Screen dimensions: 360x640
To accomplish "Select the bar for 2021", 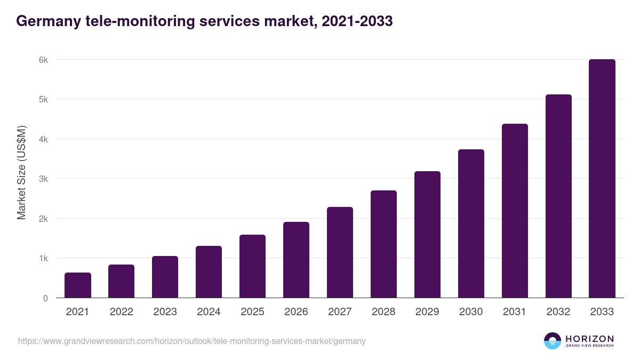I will coord(78,285).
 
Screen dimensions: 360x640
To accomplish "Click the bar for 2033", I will coord(602,179).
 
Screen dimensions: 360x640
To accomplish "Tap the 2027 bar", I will coord(340,252).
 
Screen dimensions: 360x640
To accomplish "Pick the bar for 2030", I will coord(471,223).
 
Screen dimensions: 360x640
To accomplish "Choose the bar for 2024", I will coord(209,272).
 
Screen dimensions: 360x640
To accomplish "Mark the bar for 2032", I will coord(558,196).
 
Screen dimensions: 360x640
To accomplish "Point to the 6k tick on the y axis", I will coord(43,60).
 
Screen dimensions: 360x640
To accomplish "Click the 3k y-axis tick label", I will coord(43,179).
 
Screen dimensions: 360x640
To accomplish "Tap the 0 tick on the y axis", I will coord(45,298).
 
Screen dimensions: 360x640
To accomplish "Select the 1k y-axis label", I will coord(43,259).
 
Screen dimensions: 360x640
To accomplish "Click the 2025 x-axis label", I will coord(252,312).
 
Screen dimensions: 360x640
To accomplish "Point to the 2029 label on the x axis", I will coord(427,312).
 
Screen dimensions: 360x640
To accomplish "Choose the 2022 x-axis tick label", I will coord(121,312).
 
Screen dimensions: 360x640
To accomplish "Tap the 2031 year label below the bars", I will coord(515,312).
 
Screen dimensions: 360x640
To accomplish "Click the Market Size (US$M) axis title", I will coord(21,172).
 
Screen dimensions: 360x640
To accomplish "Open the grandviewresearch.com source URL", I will coord(192,341).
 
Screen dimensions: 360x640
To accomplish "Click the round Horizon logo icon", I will coord(553,341).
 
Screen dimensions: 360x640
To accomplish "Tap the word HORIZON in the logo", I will coord(589,338).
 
